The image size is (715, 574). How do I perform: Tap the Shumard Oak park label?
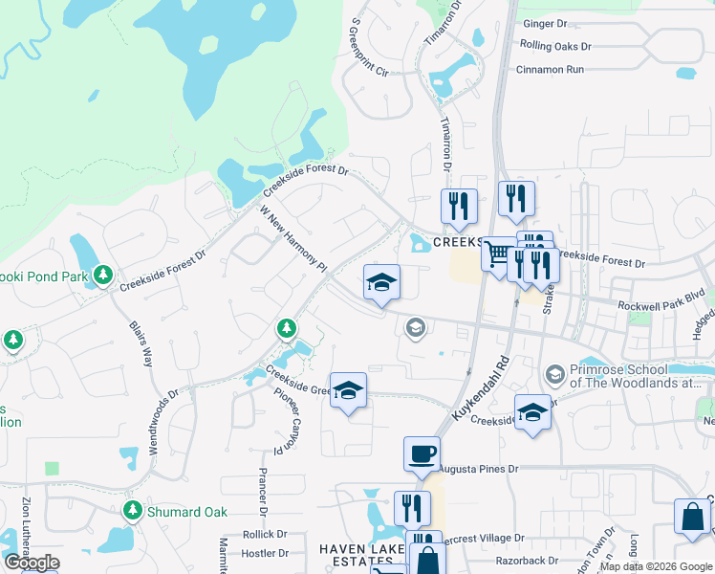[x=187, y=512]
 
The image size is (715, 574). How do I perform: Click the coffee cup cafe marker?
[x=422, y=454]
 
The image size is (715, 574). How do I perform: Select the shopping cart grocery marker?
[x=497, y=255]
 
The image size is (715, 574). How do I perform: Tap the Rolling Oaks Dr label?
[x=556, y=45]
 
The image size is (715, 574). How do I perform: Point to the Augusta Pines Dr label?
[x=478, y=469]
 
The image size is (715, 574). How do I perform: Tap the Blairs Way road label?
[x=141, y=343]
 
